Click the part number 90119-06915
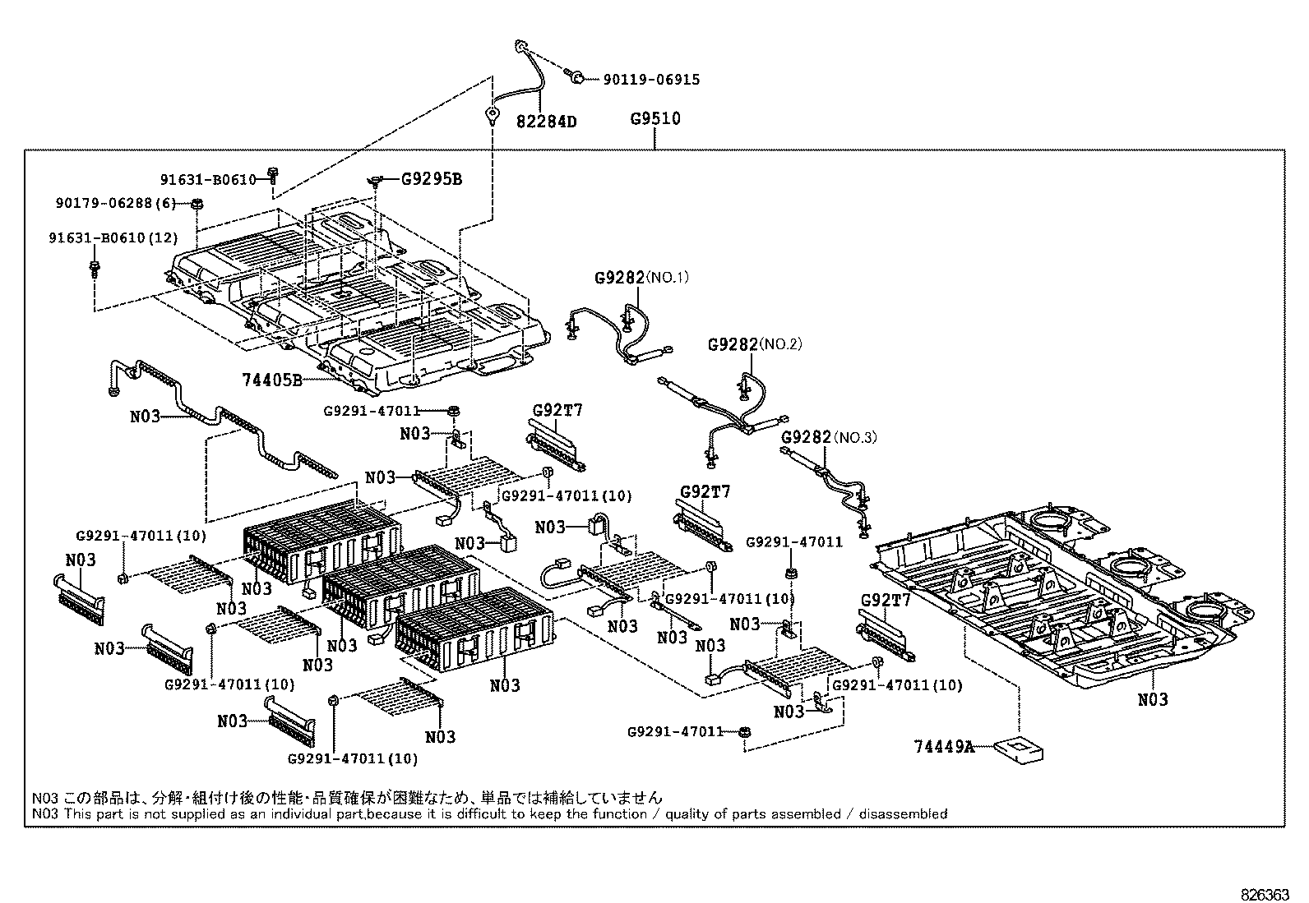651,80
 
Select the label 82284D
546,122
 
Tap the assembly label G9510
655,118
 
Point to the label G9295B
431,178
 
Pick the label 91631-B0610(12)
113,238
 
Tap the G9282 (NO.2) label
754,344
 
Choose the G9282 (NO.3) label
828,437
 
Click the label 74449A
942,746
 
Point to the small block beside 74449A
1019,748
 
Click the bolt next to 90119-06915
576,77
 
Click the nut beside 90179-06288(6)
197,204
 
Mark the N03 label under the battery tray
1152,699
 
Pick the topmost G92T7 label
557,411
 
